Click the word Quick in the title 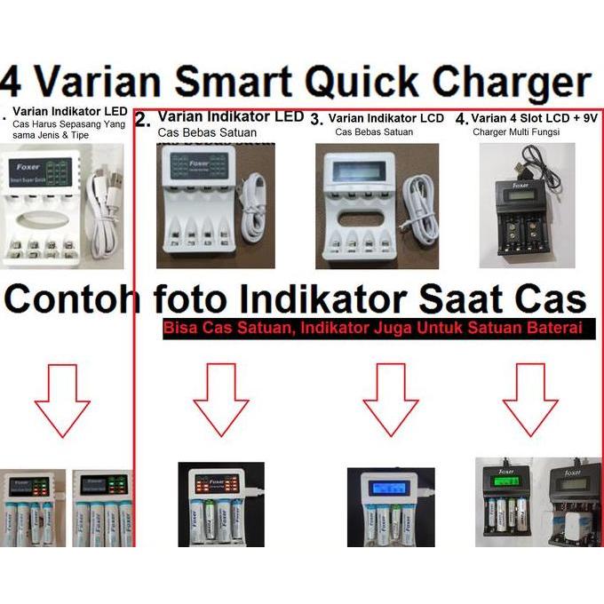(393, 83)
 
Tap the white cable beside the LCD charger (413, 203)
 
